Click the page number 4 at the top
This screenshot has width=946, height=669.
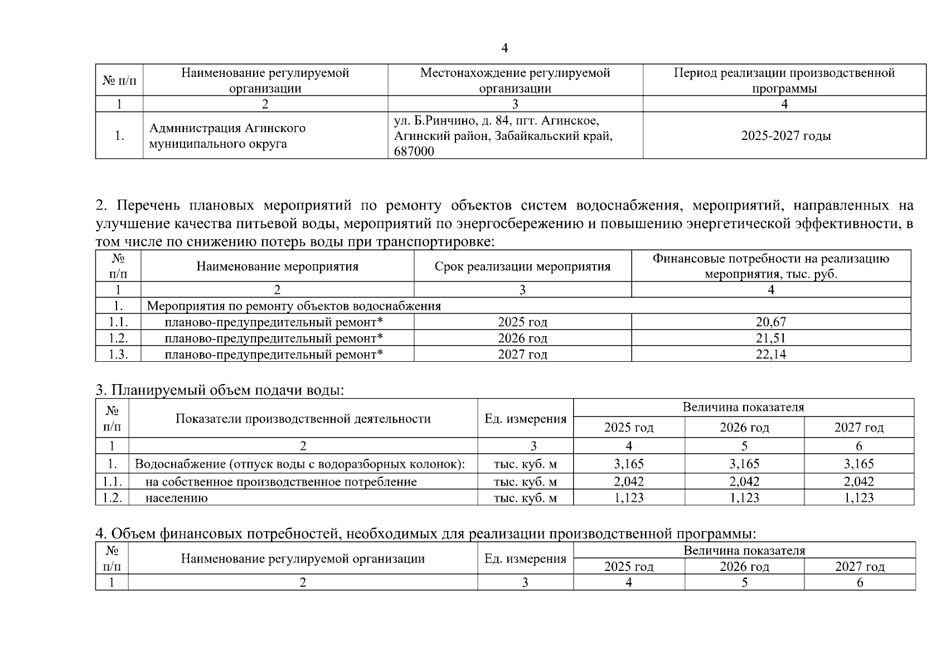click(504, 49)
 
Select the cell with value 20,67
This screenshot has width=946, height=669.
click(770, 322)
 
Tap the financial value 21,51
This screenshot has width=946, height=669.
click(770, 338)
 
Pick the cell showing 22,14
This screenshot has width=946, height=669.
click(770, 354)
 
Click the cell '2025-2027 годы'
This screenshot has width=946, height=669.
click(785, 136)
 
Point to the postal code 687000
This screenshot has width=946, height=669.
click(414, 151)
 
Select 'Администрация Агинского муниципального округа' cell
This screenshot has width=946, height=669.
click(227, 136)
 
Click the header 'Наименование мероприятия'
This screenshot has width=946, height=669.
click(277, 266)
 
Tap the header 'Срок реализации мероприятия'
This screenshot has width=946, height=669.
click(522, 266)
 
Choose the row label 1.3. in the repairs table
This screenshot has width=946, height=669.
click(118, 354)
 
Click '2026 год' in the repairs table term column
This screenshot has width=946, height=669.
click(522, 338)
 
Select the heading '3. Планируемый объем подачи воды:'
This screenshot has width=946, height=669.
click(220, 390)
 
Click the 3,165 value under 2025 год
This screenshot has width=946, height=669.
click(628, 464)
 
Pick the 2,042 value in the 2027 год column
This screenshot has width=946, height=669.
click(858, 481)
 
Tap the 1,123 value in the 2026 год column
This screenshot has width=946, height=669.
click(744, 497)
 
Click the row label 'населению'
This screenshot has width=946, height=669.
click(176, 498)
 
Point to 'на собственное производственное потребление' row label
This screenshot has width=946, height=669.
click(281, 482)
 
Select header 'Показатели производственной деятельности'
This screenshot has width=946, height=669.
click(303, 419)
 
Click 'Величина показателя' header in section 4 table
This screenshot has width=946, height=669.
click(744, 551)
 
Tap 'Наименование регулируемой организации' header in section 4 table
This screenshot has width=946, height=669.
click(303, 559)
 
